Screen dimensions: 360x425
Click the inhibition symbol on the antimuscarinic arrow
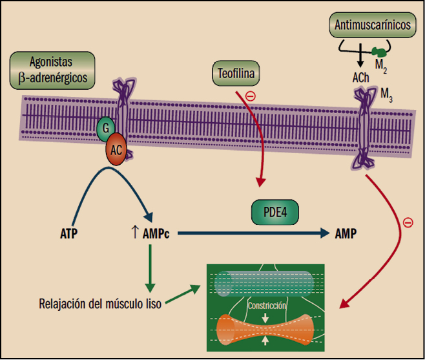[x=408, y=222]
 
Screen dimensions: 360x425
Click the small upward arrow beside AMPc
[x=134, y=233]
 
